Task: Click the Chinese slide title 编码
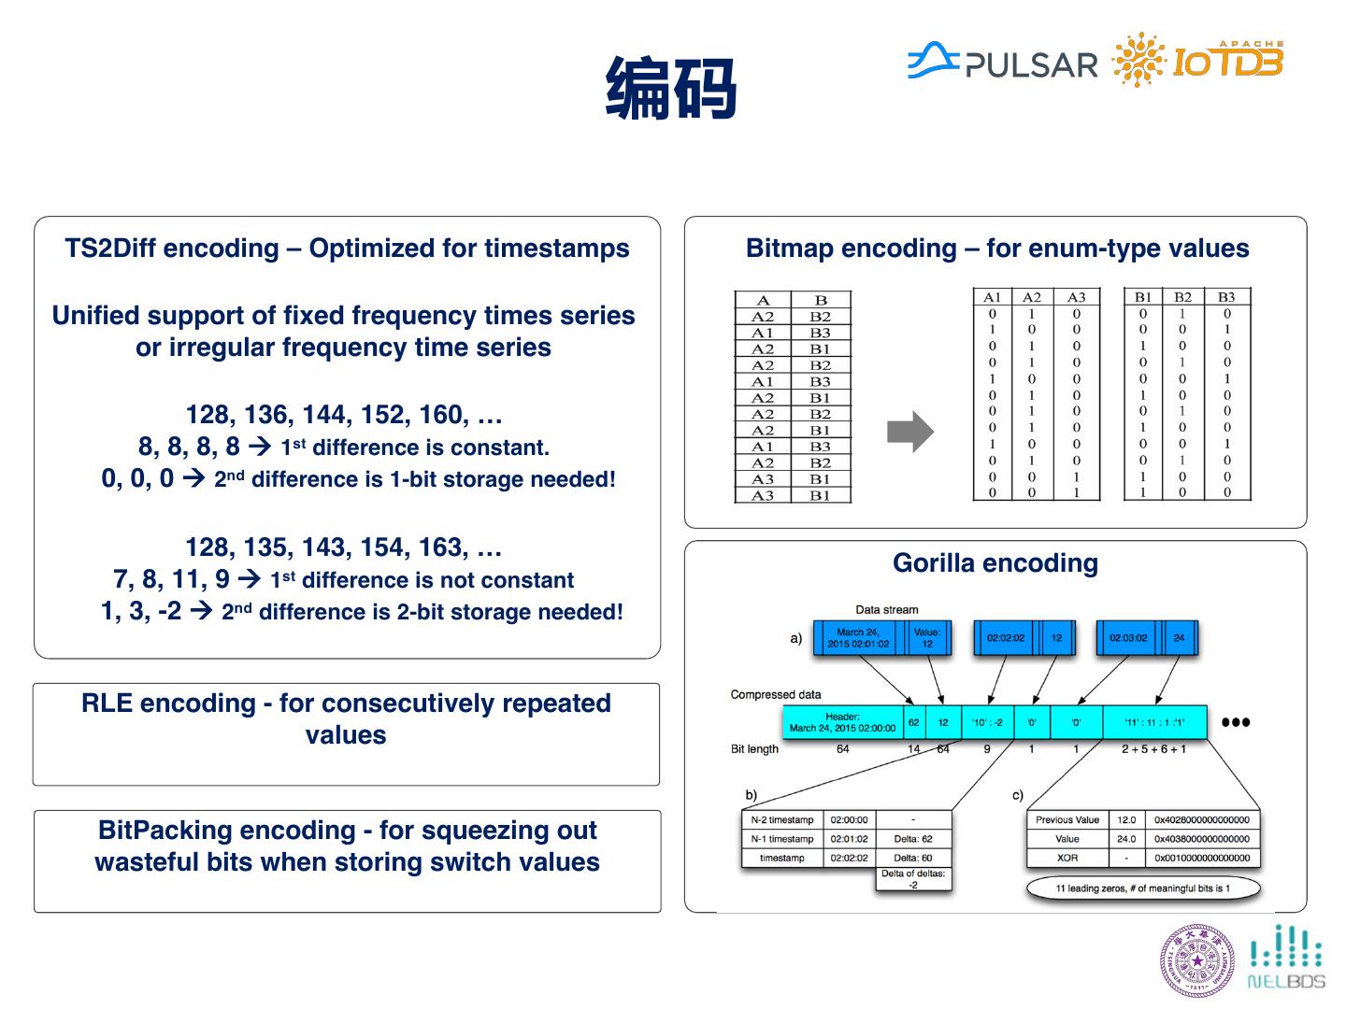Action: pyautogui.click(x=671, y=89)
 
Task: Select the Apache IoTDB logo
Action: pyautogui.click(x=1199, y=60)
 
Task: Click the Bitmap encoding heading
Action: pyautogui.click(x=996, y=249)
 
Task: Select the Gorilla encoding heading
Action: pyautogui.click(x=995, y=563)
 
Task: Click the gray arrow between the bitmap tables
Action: pyautogui.click(x=909, y=432)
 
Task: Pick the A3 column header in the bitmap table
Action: pyautogui.click(x=1076, y=297)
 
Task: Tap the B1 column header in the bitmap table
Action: pyautogui.click(x=1142, y=297)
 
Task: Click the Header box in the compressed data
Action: pyautogui.click(x=842, y=722)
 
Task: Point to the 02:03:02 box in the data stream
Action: pyautogui.click(x=1127, y=638)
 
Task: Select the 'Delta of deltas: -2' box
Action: pyautogui.click(x=913, y=879)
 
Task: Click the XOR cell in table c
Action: pyautogui.click(x=1067, y=858)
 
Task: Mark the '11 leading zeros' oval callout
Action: pyautogui.click(x=1142, y=888)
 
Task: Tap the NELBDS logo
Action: pyautogui.click(x=1286, y=959)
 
